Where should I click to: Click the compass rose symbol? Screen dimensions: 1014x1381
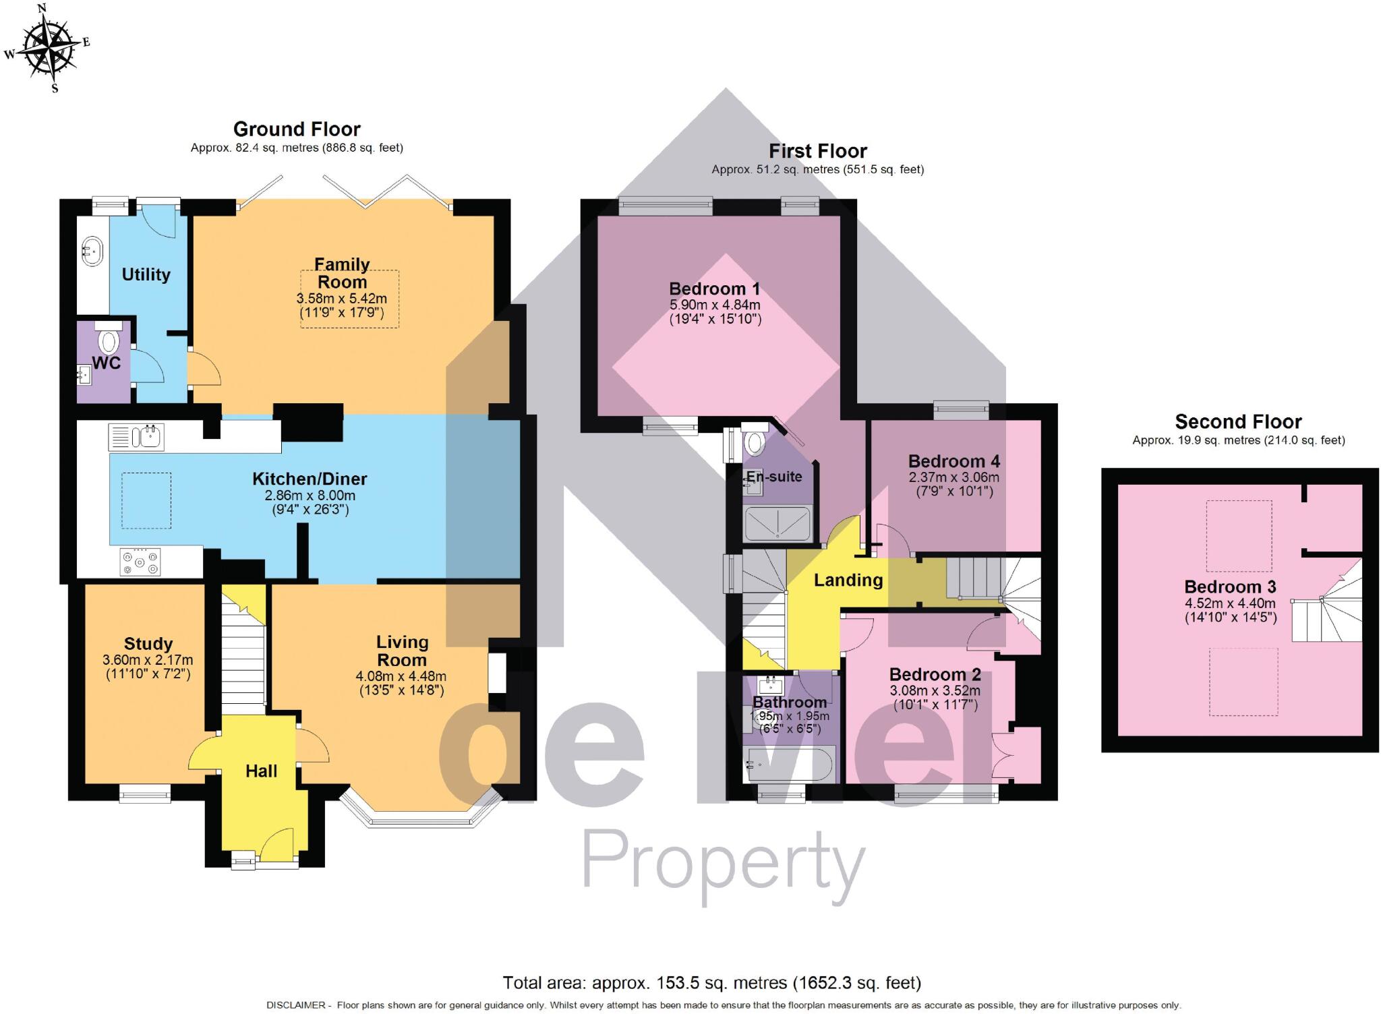pyautogui.click(x=47, y=47)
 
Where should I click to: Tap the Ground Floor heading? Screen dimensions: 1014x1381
pyautogui.click(x=297, y=129)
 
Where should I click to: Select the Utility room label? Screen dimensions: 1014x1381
pyautogui.click(x=146, y=274)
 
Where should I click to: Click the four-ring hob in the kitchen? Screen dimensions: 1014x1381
pyautogui.click(x=140, y=562)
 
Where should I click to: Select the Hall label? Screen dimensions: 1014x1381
pyautogui.click(x=261, y=771)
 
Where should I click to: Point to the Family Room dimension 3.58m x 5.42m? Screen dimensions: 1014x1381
pyautogui.click(x=342, y=299)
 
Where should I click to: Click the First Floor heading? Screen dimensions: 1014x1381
pyautogui.click(x=817, y=151)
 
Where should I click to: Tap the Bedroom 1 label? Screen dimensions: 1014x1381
pyautogui.click(x=714, y=289)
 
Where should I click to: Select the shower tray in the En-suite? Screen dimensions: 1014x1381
pyautogui.click(x=777, y=524)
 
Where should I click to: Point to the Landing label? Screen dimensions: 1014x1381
pyautogui.click(x=848, y=580)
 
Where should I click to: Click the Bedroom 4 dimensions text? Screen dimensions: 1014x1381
pyautogui.click(x=953, y=484)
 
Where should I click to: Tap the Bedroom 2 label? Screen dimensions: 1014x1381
pyautogui.click(x=935, y=674)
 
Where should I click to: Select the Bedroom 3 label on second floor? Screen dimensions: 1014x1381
pyautogui.click(x=1230, y=587)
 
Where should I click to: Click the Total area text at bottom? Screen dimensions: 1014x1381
pyautogui.click(x=711, y=982)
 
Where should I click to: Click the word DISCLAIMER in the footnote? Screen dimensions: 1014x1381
pyautogui.click(x=297, y=1005)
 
